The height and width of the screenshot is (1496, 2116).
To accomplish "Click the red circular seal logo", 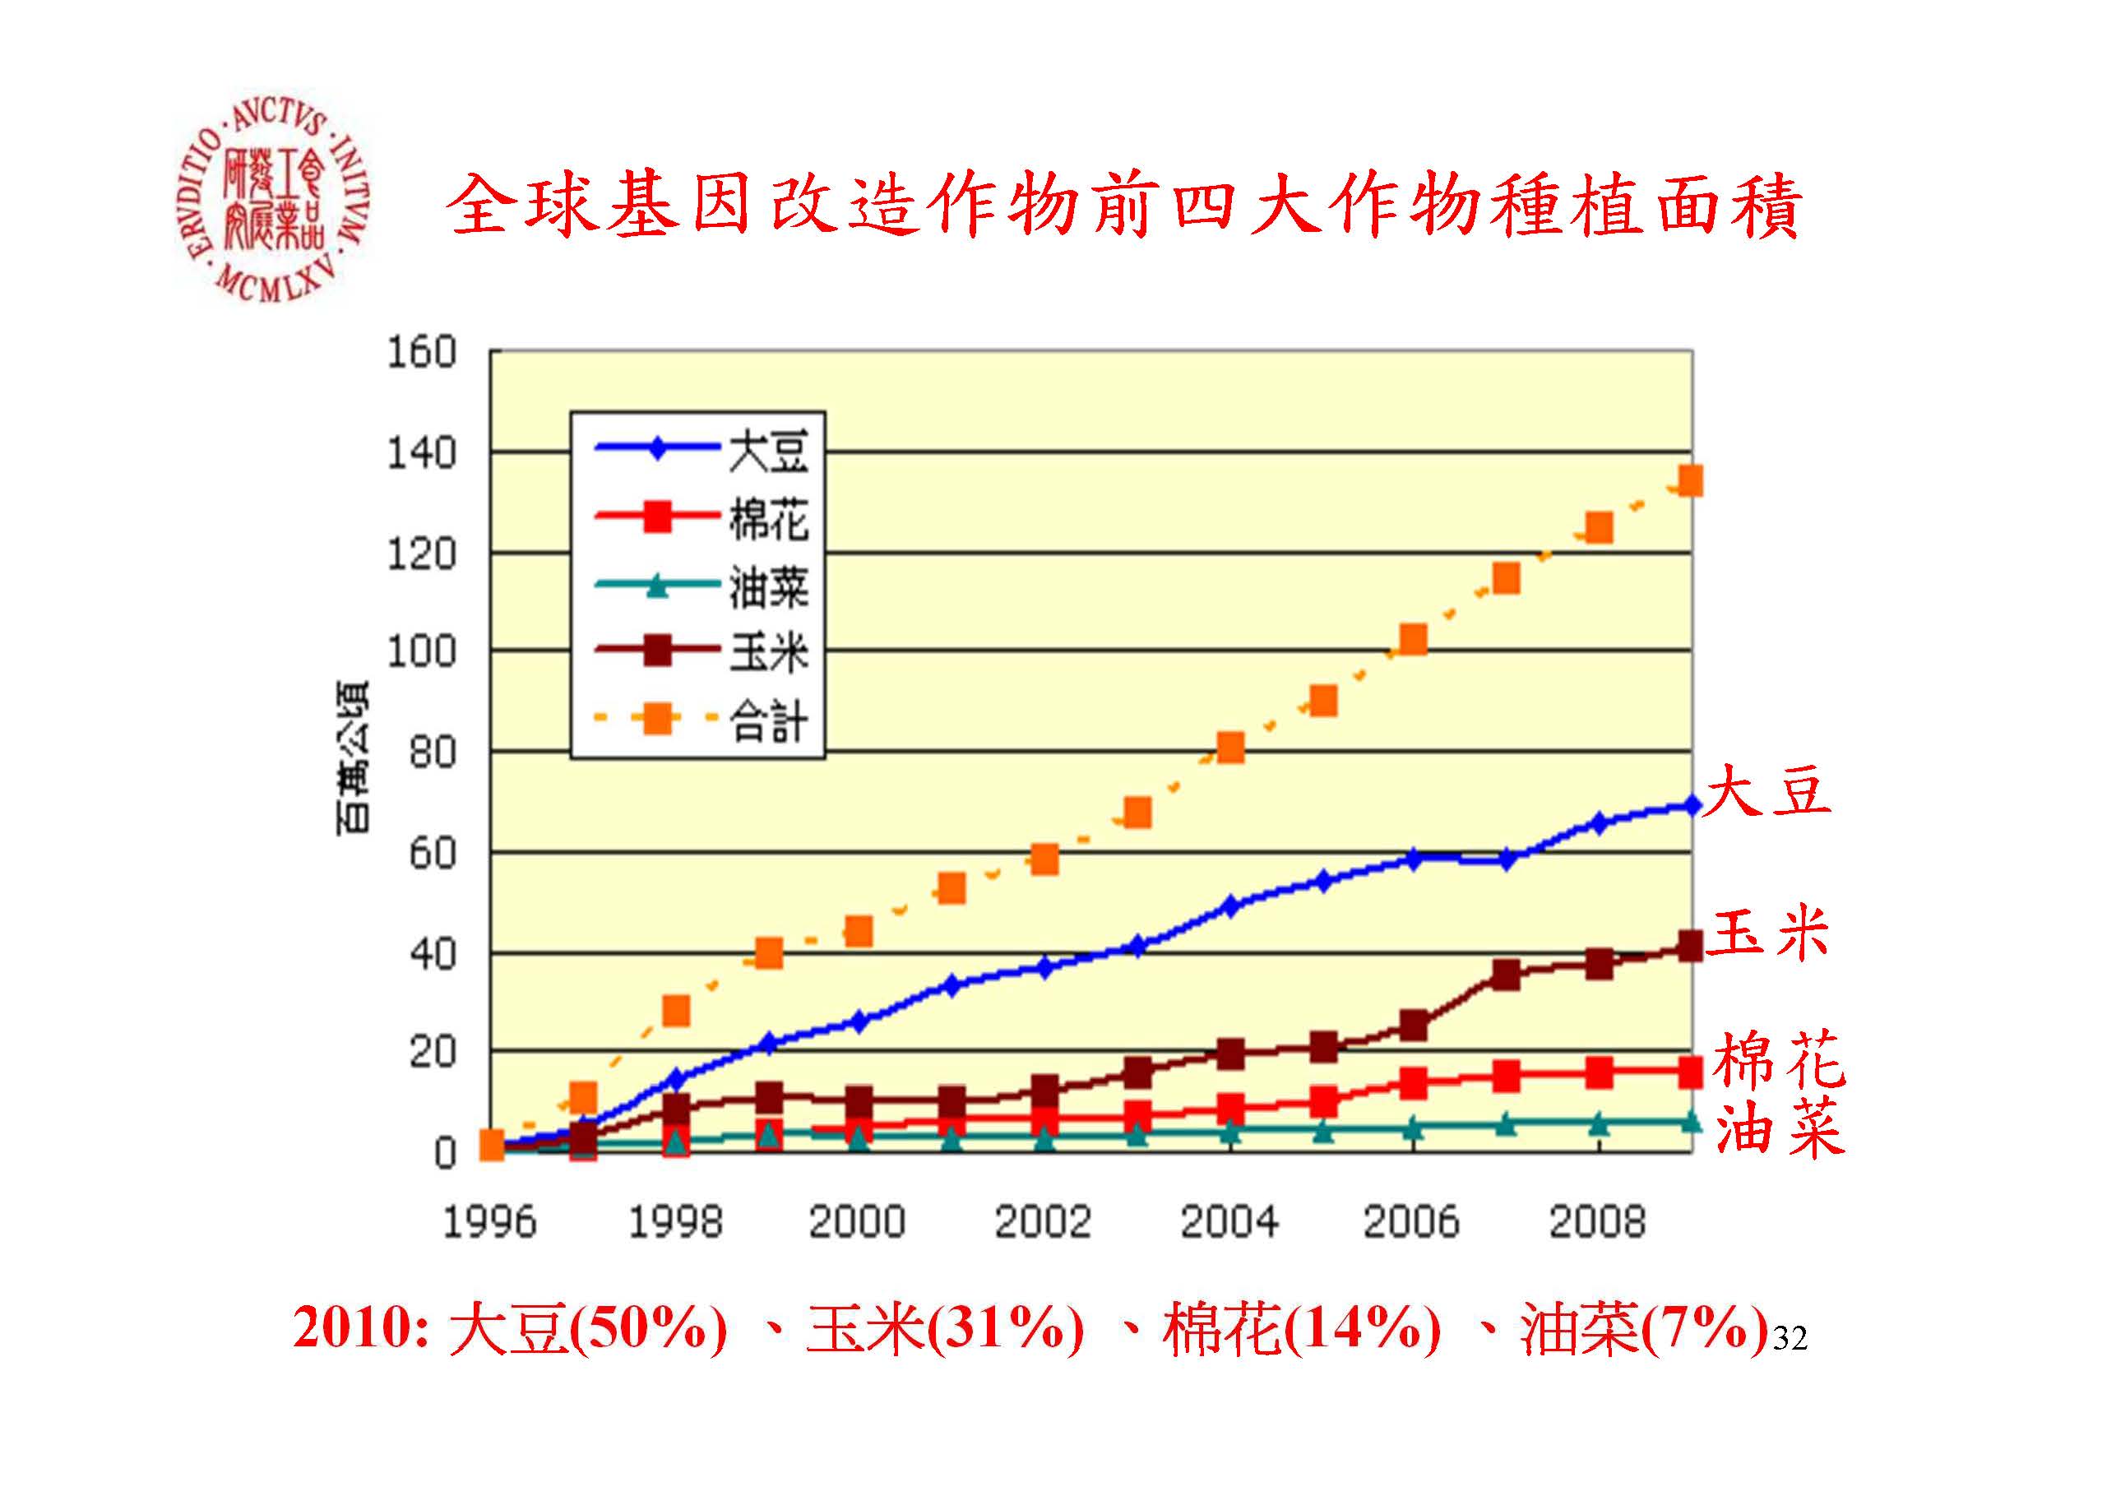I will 274,197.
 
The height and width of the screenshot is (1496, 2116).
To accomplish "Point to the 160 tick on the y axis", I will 421,353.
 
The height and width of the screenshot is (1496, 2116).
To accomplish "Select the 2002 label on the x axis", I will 1042,1223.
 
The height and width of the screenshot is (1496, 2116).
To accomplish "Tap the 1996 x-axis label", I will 489,1223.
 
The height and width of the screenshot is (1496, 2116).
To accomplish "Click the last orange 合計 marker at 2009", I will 1690,481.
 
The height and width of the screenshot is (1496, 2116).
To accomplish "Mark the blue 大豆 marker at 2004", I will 1229,907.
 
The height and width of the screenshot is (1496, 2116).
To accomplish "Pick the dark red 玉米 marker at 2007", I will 1505,975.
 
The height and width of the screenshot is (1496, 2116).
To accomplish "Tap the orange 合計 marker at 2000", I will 859,931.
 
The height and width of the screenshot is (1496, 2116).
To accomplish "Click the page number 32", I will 1790,1337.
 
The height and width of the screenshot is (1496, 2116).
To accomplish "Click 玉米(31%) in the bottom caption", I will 944,1329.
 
